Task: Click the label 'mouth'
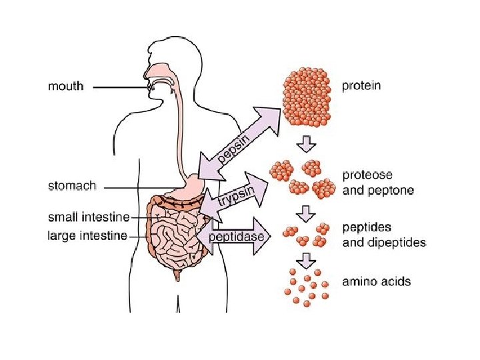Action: pos(66,86)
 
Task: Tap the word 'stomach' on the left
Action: pos(72,185)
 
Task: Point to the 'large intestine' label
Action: pos(87,235)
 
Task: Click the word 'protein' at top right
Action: pos(361,86)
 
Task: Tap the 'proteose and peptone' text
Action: pos(377,183)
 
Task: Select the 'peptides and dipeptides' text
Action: pos(383,235)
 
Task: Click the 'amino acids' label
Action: pos(376,281)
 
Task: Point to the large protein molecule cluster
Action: pos(307,97)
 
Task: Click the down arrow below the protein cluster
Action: pos(306,143)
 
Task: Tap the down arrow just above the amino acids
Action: pos(306,257)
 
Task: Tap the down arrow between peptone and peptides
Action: pos(306,213)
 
